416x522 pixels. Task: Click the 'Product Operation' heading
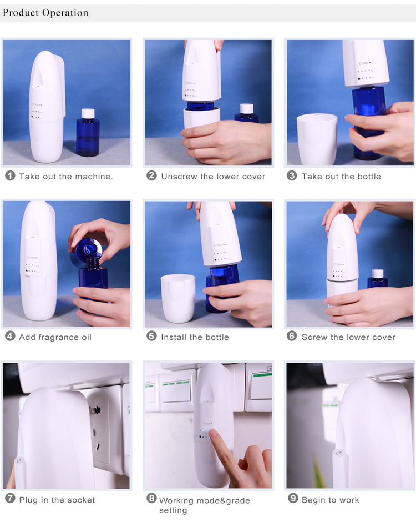pyautogui.click(x=45, y=13)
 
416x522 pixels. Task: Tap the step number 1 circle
pyautogui.click(x=10, y=176)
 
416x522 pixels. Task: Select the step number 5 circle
pyautogui.click(x=151, y=337)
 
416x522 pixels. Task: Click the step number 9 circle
pyautogui.click(x=293, y=499)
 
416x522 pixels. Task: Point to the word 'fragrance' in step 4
pyautogui.click(x=59, y=337)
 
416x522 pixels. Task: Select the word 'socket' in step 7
pyautogui.click(x=80, y=500)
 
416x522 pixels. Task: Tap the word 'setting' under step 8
pyautogui.click(x=173, y=510)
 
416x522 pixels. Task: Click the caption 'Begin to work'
pyautogui.click(x=330, y=500)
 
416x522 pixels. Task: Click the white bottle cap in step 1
pyautogui.click(x=88, y=113)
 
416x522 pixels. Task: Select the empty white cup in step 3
pyautogui.click(x=317, y=139)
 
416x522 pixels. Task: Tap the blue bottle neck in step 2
pyautogui.click(x=201, y=105)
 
